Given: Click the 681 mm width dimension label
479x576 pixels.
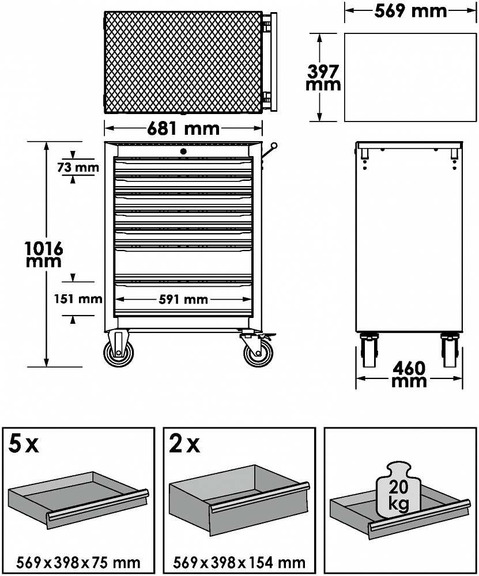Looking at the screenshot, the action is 183,128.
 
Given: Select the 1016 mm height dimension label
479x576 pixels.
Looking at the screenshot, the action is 43,255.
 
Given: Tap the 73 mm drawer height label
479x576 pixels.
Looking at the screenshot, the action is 78,168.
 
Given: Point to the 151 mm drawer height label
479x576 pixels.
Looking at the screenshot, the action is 78,298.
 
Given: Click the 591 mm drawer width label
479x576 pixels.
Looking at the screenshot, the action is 183,300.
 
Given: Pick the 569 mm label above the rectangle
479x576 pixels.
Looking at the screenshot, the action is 410,11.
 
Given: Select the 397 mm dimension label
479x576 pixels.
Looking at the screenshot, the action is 323,78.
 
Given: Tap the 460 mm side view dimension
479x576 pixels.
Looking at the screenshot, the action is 409,374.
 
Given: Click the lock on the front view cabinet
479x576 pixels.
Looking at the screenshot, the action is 183,150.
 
